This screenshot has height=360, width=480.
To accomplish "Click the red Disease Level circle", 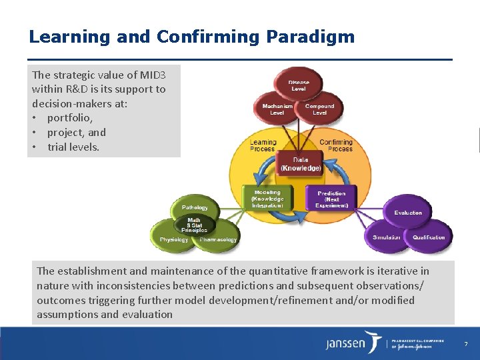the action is click(x=298, y=85).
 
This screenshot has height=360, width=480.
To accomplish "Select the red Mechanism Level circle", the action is click(x=277, y=109).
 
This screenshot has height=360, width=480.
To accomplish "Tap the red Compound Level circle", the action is click(x=319, y=109).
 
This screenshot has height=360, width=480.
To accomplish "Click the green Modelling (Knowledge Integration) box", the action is click(x=267, y=199).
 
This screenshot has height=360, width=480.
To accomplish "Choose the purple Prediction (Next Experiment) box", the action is click(x=331, y=199).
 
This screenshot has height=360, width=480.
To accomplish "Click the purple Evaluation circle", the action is click(x=407, y=213).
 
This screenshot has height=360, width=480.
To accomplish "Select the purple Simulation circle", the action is click(x=387, y=237).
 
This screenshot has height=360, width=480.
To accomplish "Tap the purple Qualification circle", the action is click(x=429, y=237).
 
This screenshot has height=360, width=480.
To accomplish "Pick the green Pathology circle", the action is click(x=195, y=208).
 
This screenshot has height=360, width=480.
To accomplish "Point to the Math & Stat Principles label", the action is click(x=193, y=225).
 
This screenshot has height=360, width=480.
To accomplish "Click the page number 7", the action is click(x=466, y=344).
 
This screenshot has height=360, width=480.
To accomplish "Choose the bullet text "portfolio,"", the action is click(x=70, y=118).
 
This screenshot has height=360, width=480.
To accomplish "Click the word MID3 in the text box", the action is click(x=150, y=75).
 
